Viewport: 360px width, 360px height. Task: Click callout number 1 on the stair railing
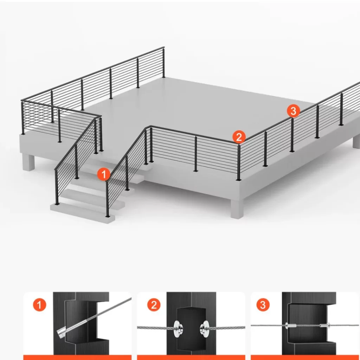coord(104,174)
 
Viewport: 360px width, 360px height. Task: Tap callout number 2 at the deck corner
coord(239,137)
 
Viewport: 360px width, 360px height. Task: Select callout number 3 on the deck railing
coord(294,111)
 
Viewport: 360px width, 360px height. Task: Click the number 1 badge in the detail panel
coord(39,305)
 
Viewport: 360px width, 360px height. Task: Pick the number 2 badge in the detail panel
coord(154,305)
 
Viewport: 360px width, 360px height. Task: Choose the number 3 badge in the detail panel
coord(263,305)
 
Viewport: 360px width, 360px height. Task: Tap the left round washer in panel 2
coord(178,329)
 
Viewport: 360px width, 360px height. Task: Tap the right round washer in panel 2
coord(204,329)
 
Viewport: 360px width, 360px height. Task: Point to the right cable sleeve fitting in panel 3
coord(324,325)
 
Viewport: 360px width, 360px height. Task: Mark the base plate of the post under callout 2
coord(239,179)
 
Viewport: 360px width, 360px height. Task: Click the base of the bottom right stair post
coord(108,216)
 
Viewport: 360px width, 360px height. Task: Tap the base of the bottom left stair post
coord(57,204)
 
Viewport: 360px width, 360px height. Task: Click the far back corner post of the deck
coord(163,63)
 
